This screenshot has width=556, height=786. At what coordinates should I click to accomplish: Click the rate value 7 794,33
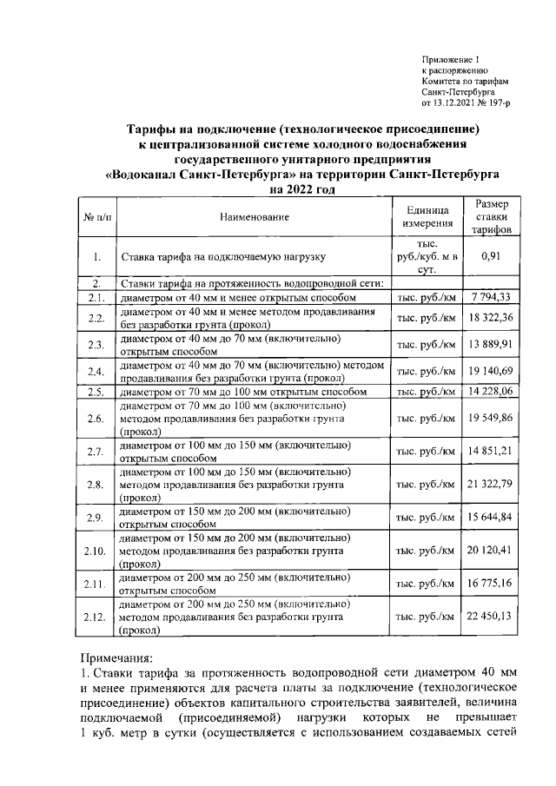pyautogui.click(x=492, y=298)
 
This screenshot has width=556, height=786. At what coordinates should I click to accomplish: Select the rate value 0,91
pyautogui.click(x=492, y=256)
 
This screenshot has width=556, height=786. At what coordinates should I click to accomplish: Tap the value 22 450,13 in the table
pyautogui.click(x=492, y=618)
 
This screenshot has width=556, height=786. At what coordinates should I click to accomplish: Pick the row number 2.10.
pyautogui.click(x=96, y=551)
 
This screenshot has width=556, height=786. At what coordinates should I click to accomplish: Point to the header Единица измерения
pyautogui.click(x=426, y=215)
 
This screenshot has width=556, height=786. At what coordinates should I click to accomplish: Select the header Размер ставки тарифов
pyautogui.click(x=492, y=215)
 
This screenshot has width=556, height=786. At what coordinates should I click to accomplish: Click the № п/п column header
pyautogui.click(x=96, y=215)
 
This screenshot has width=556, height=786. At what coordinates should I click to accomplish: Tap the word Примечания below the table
pyautogui.click(x=117, y=659)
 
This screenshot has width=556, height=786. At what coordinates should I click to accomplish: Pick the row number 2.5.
pyautogui.click(x=96, y=392)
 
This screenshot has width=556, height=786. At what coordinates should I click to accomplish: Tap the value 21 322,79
pyautogui.click(x=492, y=484)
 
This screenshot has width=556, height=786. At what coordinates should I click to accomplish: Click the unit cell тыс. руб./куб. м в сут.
pyautogui.click(x=426, y=256)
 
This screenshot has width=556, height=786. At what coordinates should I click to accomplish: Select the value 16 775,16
pyautogui.click(x=492, y=584)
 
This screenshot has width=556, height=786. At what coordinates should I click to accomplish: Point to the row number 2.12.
pyautogui.click(x=96, y=618)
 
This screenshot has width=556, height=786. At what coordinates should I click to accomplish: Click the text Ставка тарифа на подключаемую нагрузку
pyautogui.click(x=223, y=257)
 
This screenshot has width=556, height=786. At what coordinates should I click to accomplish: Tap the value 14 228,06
pyautogui.click(x=492, y=392)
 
